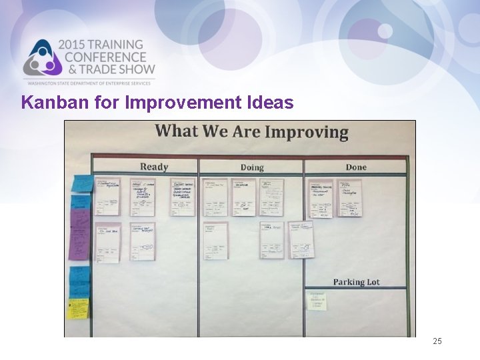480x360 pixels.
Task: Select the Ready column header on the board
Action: pos(154,167)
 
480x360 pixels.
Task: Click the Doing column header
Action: pos(252,167)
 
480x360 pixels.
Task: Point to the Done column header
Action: pos(355,167)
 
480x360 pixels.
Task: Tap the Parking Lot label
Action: pos(356,282)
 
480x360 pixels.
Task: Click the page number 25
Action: pos(437,341)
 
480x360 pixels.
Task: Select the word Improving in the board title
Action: pos(307,131)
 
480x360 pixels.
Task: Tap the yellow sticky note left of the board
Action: pos(78,308)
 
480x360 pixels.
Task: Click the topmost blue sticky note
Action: pos(83,183)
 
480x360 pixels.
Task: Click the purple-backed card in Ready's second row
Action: pos(107,242)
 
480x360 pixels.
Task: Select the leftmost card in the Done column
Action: pos(319,198)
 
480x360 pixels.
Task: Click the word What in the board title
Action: pos(177,131)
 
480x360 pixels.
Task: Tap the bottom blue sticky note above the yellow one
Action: pos(80,280)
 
